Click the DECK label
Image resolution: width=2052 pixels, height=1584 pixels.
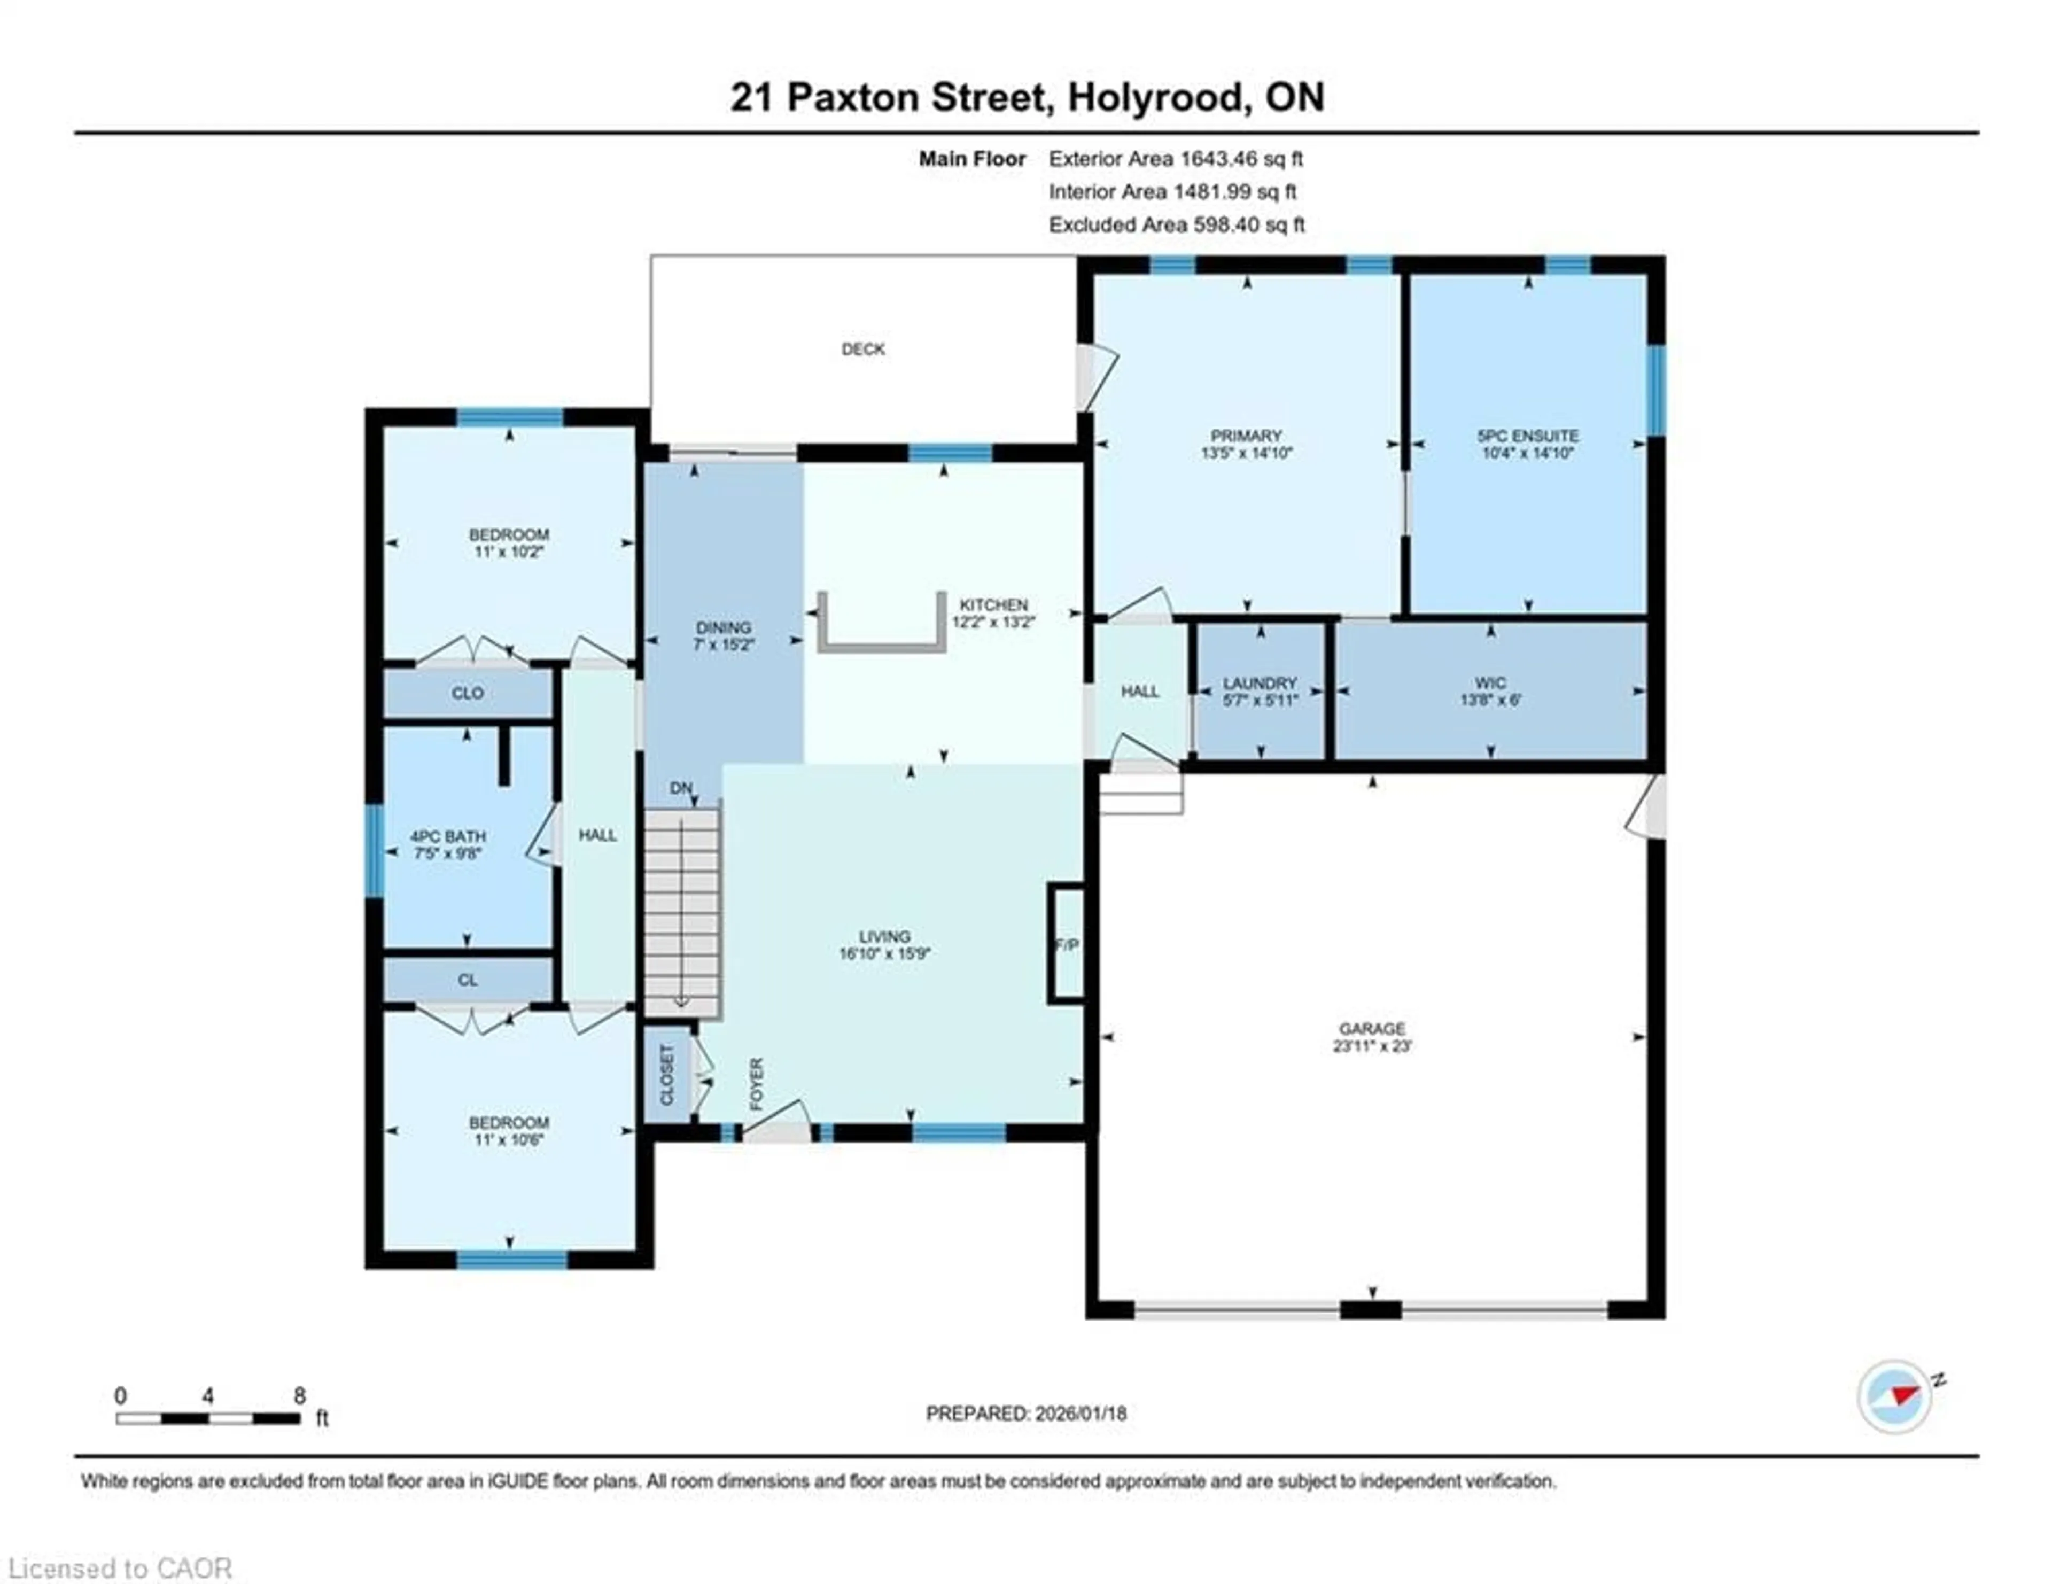(862, 350)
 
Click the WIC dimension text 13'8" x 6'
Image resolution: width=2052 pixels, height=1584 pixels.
(1490, 700)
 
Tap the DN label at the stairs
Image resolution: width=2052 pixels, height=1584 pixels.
(681, 788)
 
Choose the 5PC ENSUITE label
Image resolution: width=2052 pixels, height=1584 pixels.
(1528, 436)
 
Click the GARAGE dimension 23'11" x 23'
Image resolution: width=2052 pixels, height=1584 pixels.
(1372, 1046)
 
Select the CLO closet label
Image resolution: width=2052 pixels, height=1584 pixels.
(467, 693)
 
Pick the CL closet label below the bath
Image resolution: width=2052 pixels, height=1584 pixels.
(467, 980)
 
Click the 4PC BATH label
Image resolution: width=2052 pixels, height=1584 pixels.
(447, 836)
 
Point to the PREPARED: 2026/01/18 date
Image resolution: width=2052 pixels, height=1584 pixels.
(1026, 1413)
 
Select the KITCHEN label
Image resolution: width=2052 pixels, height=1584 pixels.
(993, 605)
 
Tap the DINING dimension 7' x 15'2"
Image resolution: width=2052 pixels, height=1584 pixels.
(724, 645)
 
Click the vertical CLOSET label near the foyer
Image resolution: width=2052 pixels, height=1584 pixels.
(667, 1075)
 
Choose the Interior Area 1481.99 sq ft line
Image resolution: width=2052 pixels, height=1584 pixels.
(1172, 192)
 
